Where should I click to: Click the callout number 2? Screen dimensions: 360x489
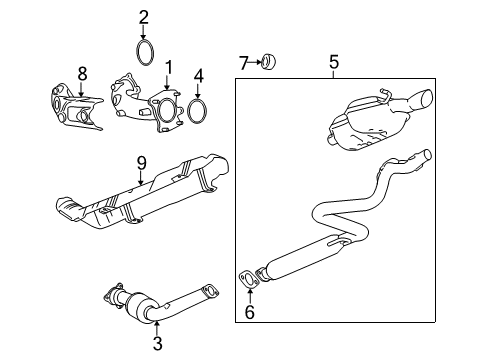144,16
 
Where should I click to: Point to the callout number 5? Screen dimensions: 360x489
334,62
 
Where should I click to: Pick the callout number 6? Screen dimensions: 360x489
250,313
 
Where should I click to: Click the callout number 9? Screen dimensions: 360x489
141,161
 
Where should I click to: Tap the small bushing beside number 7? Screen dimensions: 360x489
269,63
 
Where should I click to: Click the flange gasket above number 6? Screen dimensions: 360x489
247,279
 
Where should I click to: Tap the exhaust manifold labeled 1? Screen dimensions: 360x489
145,104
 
